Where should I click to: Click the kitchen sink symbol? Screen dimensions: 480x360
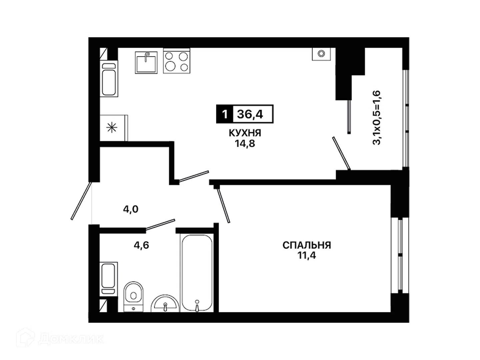pyautogui.click(x=146, y=63)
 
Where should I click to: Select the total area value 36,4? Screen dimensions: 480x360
pyautogui.click(x=250, y=114)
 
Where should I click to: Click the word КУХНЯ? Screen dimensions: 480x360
pyautogui.click(x=245, y=133)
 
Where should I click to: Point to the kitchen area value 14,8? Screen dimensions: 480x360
pyautogui.click(x=245, y=144)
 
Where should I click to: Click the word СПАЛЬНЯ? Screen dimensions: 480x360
pyautogui.click(x=307, y=245)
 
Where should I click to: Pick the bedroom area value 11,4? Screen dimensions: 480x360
pyautogui.click(x=307, y=255)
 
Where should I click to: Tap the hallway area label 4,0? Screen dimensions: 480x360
pyautogui.click(x=131, y=209)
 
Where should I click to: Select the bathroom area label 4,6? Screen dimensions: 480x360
pyautogui.click(x=141, y=245)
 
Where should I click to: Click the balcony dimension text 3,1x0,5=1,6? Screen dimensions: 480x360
pyautogui.click(x=377, y=118)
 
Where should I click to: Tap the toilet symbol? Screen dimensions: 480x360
pyautogui.click(x=133, y=296)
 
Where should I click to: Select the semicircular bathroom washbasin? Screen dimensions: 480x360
pyautogui.click(x=165, y=303)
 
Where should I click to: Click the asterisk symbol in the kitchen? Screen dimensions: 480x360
pyautogui.click(x=112, y=128)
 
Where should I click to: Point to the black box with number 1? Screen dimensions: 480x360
pyautogui.click(x=225, y=114)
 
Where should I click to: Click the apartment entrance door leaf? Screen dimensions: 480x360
pyautogui.click(x=81, y=201)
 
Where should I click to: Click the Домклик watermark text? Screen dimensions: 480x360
pyautogui.click(x=71, y=339)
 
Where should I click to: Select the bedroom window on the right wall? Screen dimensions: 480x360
pyautogui.click(x=400, y=255)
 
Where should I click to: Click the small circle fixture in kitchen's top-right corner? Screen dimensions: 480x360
pyautogui.click(x=321, y=53)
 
